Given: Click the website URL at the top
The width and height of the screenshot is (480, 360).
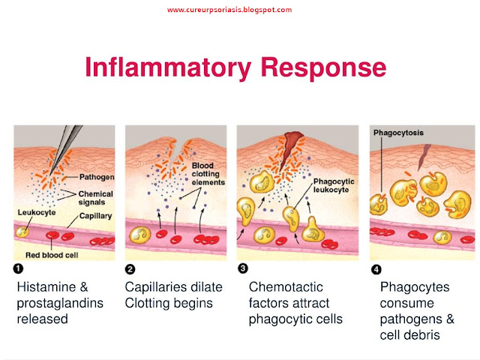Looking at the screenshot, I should pos(229,10).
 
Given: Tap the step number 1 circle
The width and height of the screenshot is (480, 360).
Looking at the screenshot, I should pos(19,268).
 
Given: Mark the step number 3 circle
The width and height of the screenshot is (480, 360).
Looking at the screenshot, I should pos(242,268).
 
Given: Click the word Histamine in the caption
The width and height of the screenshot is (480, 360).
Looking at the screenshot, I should pos(49,286).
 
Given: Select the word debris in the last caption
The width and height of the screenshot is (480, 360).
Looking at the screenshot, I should pos(416,334).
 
